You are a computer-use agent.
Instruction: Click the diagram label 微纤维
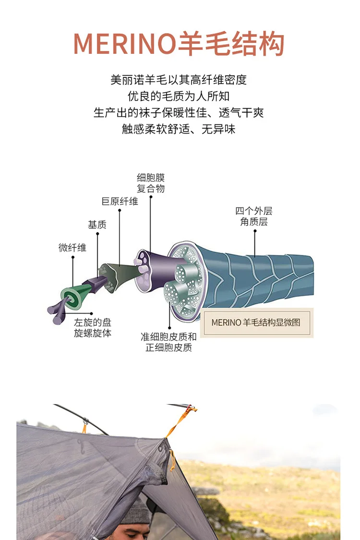coord(72,248)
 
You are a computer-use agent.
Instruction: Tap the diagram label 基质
coord(97,225)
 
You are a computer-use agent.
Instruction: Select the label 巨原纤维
coord(120,201)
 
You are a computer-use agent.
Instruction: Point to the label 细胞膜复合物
coord(151,183)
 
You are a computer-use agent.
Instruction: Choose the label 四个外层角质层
coord(254,216)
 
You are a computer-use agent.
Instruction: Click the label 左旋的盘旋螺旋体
coord(93,328)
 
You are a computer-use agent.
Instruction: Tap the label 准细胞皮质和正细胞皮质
coord(168,342)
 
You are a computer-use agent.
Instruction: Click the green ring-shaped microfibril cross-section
coord(70,296)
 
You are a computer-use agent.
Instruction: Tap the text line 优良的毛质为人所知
coord(179,96)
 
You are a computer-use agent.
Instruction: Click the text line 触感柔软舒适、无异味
coord(179,129)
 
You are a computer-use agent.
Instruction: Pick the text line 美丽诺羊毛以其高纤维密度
coord(179,80)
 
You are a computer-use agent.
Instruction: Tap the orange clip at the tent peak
coord(190,411)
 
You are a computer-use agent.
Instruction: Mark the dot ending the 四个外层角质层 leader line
coord(255,231)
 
